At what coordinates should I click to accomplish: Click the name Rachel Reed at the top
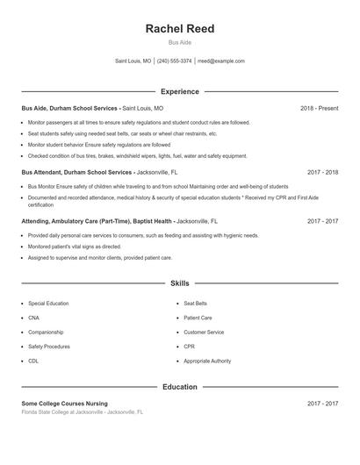179,29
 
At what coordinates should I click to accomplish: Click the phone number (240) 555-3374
174,61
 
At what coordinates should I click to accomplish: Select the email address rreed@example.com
220,61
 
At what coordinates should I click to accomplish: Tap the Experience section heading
179,91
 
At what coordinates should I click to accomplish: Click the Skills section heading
179,283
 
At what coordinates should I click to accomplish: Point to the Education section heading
179,387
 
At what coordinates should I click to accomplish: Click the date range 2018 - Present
319,108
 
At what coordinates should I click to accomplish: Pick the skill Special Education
49,303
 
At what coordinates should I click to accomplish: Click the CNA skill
33,318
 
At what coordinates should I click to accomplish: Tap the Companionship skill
46,333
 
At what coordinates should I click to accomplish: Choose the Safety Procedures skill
49,347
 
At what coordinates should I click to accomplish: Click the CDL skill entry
33,361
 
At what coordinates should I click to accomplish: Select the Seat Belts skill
196,303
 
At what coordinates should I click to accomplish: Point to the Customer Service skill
204,333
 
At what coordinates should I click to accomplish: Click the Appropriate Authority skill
207,361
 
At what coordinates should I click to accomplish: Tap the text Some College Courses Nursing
64,404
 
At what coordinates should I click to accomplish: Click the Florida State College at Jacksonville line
82,411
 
